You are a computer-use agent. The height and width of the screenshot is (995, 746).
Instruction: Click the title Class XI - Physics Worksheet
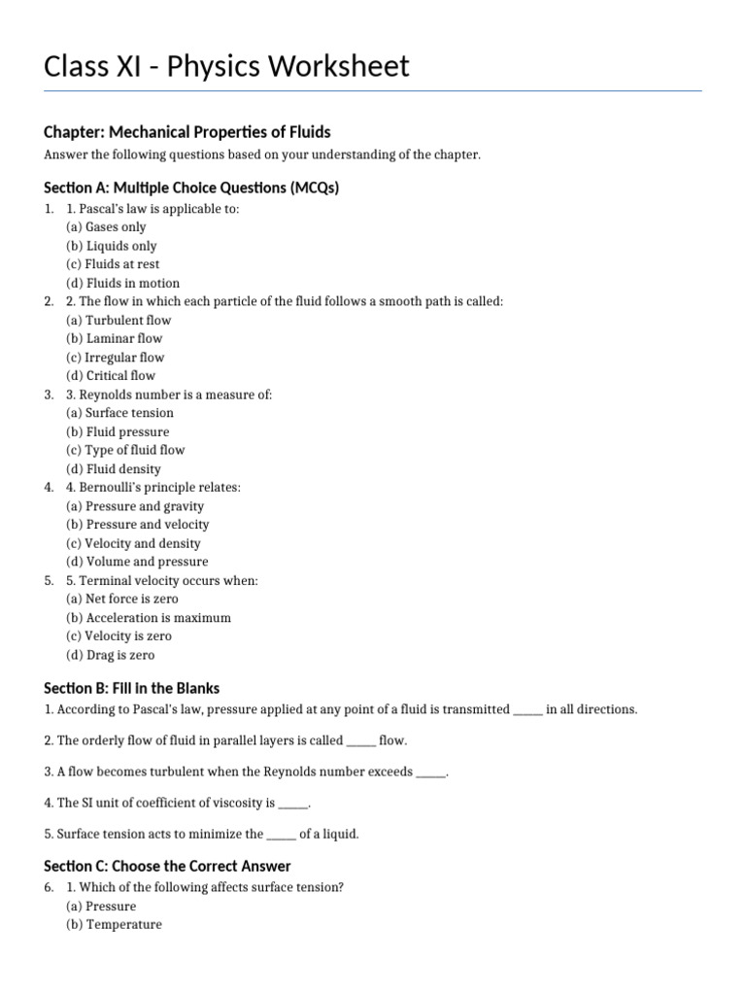coord(226,66)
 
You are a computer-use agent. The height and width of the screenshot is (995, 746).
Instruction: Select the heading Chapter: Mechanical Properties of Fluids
coord(187,131)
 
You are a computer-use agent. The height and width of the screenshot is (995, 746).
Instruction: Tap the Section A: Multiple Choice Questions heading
coord(191,188)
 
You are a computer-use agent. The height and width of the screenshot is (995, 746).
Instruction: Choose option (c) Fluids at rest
coord(113,264)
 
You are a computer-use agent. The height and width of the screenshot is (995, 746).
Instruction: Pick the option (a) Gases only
coord(106,227)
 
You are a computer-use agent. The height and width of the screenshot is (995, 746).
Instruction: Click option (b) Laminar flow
coord(114,338)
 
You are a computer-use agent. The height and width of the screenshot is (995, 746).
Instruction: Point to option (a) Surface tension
coord(119,413)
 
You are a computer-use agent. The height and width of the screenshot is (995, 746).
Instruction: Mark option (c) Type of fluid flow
coord(124,450)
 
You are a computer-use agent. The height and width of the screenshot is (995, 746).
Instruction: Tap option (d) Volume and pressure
coord(136,562)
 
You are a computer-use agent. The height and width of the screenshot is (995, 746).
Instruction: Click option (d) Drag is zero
coord(110,655)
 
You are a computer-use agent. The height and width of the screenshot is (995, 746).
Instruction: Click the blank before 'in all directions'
coord(527,709)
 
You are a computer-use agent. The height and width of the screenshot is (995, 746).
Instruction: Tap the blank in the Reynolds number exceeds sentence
coord(430,772)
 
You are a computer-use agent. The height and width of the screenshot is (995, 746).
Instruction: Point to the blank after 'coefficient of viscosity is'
coord(292,803)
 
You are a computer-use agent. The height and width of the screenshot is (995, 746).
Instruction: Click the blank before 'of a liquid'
coord(281,834)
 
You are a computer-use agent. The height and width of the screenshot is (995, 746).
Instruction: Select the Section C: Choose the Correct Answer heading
coord(167,866)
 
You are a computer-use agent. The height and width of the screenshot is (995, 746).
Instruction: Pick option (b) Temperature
coord(114,925)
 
